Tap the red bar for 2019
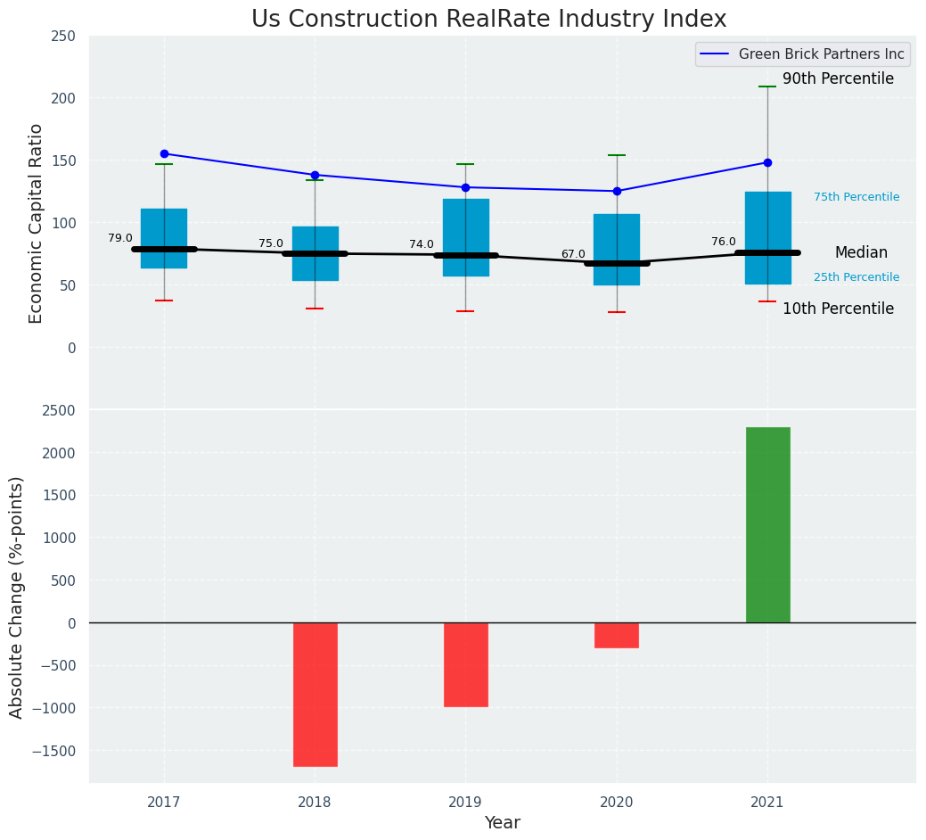pos(465,664)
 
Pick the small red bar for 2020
pos(616,635)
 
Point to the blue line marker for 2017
pos(164,153)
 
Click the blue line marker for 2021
pos(767,162)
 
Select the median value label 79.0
pos(120,238)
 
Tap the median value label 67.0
pos(573,254)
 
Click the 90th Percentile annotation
pos(838,79)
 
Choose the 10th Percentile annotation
pos(838,309)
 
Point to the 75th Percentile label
pos(856,197)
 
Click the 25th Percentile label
pos(856,277)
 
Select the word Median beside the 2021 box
pos(861,253)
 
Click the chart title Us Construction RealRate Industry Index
pos(488,20)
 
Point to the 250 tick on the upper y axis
pos(63,37)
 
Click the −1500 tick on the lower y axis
pos(53,751)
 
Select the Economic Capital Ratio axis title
pos(37,223)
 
